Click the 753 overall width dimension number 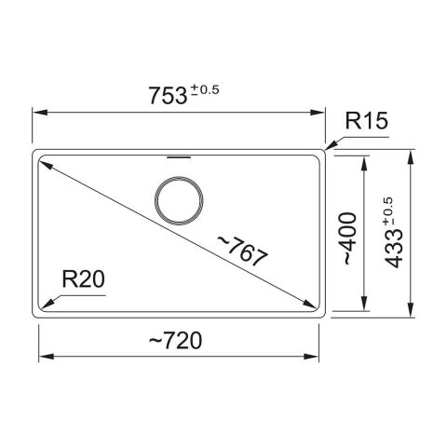(168, 95)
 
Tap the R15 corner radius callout (366, 121)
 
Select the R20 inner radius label (83, 278)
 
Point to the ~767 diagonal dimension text (242, 251)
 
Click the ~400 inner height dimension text (350, 238)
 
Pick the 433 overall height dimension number (394, 249)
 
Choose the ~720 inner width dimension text (175, 341)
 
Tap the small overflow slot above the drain (179, 157)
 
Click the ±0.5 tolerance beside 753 (205, 90)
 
